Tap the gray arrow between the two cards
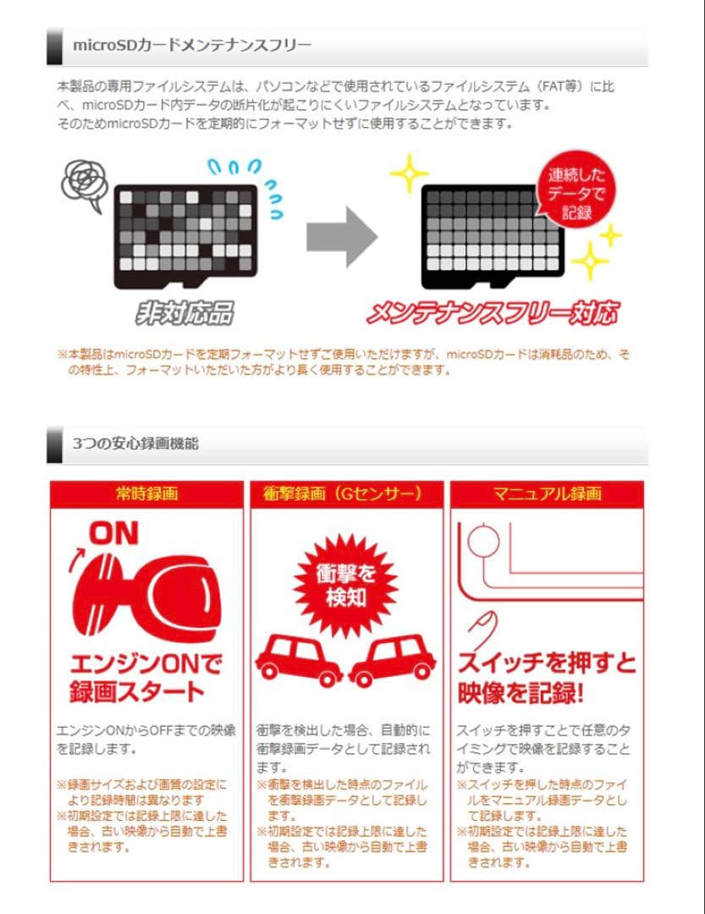click(x=341, y=232)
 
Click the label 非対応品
click(x=185, y=313)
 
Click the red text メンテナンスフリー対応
click(x=492, y=313)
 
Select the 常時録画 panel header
click(x=146, y=494)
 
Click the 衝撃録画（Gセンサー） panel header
click(x=347, y=494)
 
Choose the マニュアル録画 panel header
click(x=547, y=494)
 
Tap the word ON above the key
click(x=113, y=533)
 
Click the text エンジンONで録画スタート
click(x=146, y=675)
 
